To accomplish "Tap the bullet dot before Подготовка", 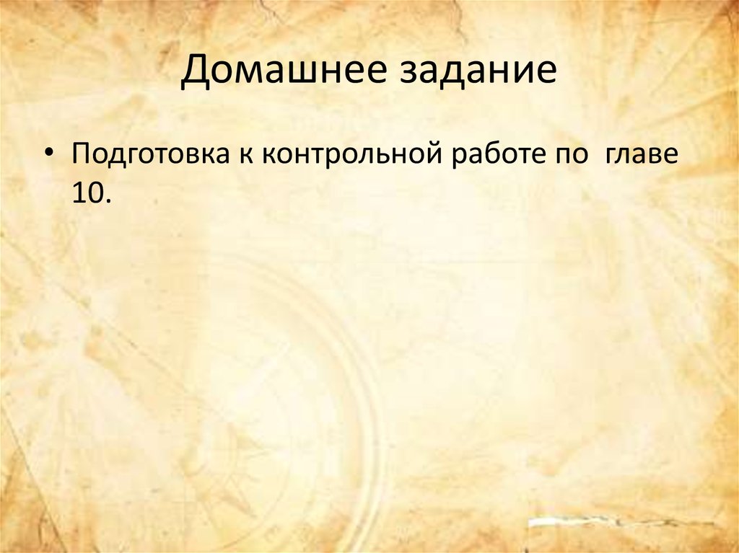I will coord(49,156).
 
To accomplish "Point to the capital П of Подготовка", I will coord(81,156).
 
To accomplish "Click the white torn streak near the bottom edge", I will coord(621,521).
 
